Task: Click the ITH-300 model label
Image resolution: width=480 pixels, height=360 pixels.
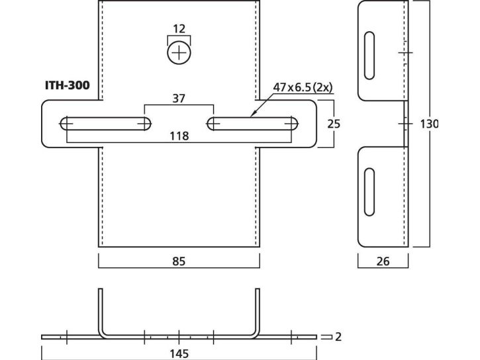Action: [68, 85]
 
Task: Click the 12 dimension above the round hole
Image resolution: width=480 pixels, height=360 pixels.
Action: [179, 28]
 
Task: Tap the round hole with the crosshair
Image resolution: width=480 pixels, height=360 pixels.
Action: [179, 52]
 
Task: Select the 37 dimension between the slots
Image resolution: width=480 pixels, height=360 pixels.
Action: [179, 99]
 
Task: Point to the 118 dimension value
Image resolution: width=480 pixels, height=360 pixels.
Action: [179, 136]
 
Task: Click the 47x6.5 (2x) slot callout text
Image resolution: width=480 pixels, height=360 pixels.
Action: [303, 87]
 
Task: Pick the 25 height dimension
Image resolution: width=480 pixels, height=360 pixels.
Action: [334, 124]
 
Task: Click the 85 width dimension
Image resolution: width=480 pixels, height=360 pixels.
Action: [179, 261]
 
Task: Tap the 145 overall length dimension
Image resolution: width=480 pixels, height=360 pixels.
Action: [179, 354]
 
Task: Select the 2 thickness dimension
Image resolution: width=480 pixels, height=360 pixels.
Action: [338, 337]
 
